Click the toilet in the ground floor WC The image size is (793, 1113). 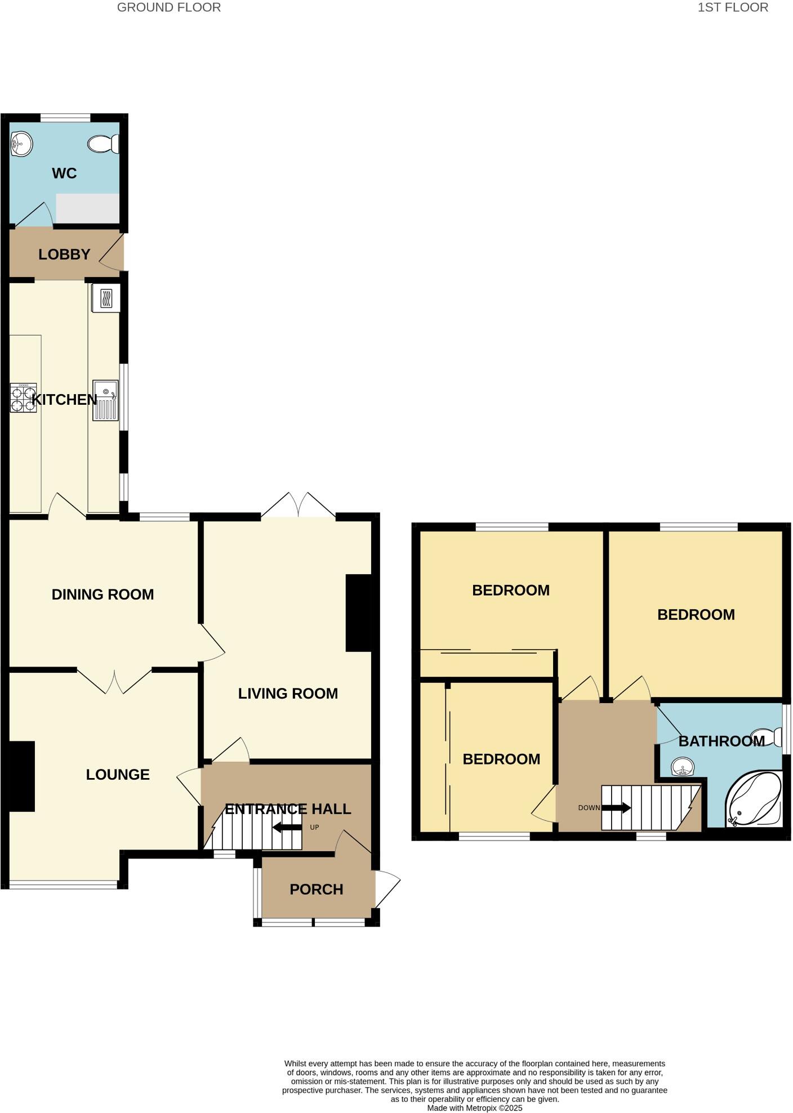pyautogui.click(x=104, y=144)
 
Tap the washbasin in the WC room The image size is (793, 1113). pyautogui.click(x=21, y=144)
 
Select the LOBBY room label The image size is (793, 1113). pyautogui.click(x=64, y=254)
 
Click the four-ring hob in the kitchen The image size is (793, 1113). pyautogui.click(x=23, y=397)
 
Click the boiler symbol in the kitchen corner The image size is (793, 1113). pyautogui.click(x=106, y=297)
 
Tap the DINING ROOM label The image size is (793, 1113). pyautogui.click(x=103, y=595)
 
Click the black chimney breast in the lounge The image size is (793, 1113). pyautogui.click(x=22, y=776)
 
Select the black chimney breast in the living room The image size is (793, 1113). pyautogui.click(x=359, y=613)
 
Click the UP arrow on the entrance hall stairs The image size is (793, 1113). pyautogui.click(x=287, y=828)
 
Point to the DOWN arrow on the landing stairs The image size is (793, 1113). pyautogui.click(x=616, y=808)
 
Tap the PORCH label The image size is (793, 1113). pyautogui.click(x=316, y=889)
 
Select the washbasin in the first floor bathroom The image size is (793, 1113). pyautogui.click(x=683, y=767)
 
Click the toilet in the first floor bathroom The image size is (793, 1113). pyautogui.click(x=768, y=737)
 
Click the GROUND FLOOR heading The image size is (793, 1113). pyautogui.click(x=169, y=7)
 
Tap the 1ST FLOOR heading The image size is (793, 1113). pyautogui.click(x=733, y=7)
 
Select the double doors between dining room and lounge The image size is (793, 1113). pyautogui.click(x=114, y=681)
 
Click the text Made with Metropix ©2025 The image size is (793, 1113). pyautogui.click(x=474, y=1108)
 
